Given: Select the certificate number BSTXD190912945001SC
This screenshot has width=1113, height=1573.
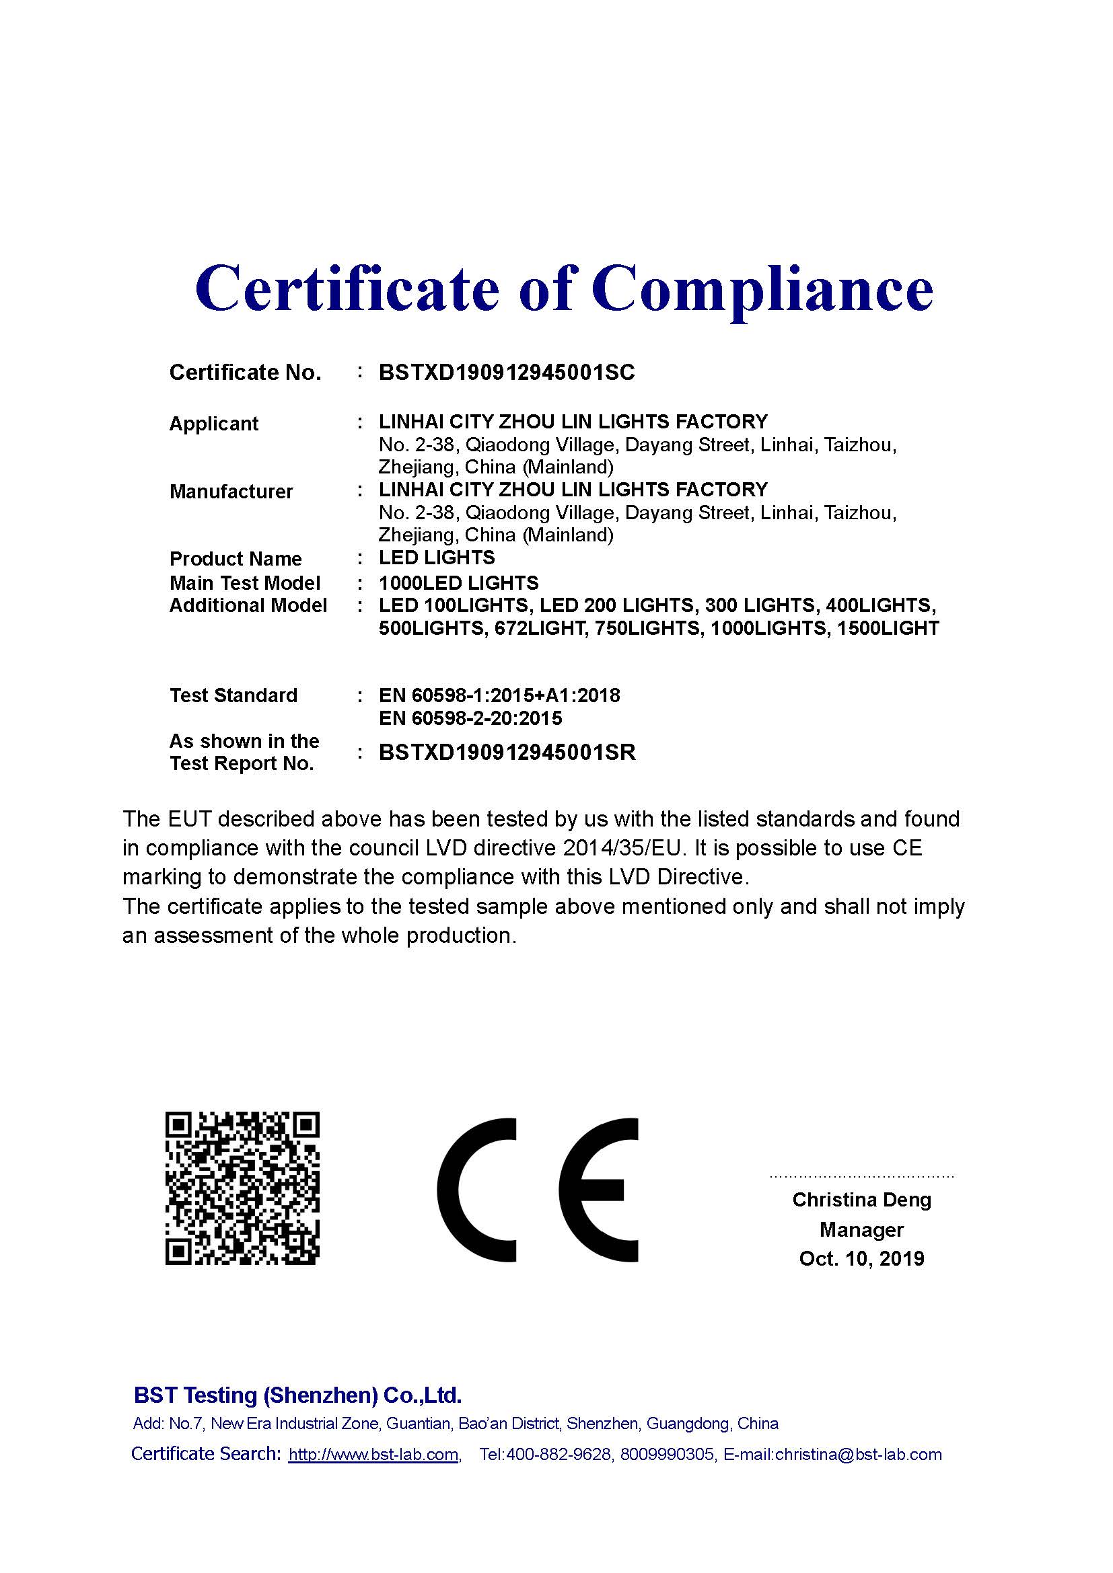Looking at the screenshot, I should click(507, 373).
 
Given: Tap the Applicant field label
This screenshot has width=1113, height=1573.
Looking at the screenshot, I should click(214, 424).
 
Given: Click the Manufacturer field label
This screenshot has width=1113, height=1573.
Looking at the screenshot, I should click(231, 491).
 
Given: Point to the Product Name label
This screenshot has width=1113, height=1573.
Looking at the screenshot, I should click(235, 558).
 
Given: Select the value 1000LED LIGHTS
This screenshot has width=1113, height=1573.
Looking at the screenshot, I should click(458, 583).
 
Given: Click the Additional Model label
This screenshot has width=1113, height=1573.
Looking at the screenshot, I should click(248, 606).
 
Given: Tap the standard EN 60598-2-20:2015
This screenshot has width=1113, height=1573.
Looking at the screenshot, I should click(470, 718).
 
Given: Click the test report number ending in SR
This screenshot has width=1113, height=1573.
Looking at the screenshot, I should click(507, 753).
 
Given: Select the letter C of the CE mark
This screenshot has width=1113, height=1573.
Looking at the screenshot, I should click(477, 1190).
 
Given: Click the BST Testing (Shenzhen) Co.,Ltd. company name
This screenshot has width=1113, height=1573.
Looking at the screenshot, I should click(297, 1394).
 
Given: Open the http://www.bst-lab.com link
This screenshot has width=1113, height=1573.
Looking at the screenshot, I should click(373, 1455).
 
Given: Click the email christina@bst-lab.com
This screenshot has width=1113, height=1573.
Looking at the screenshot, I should click(859, 1455).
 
